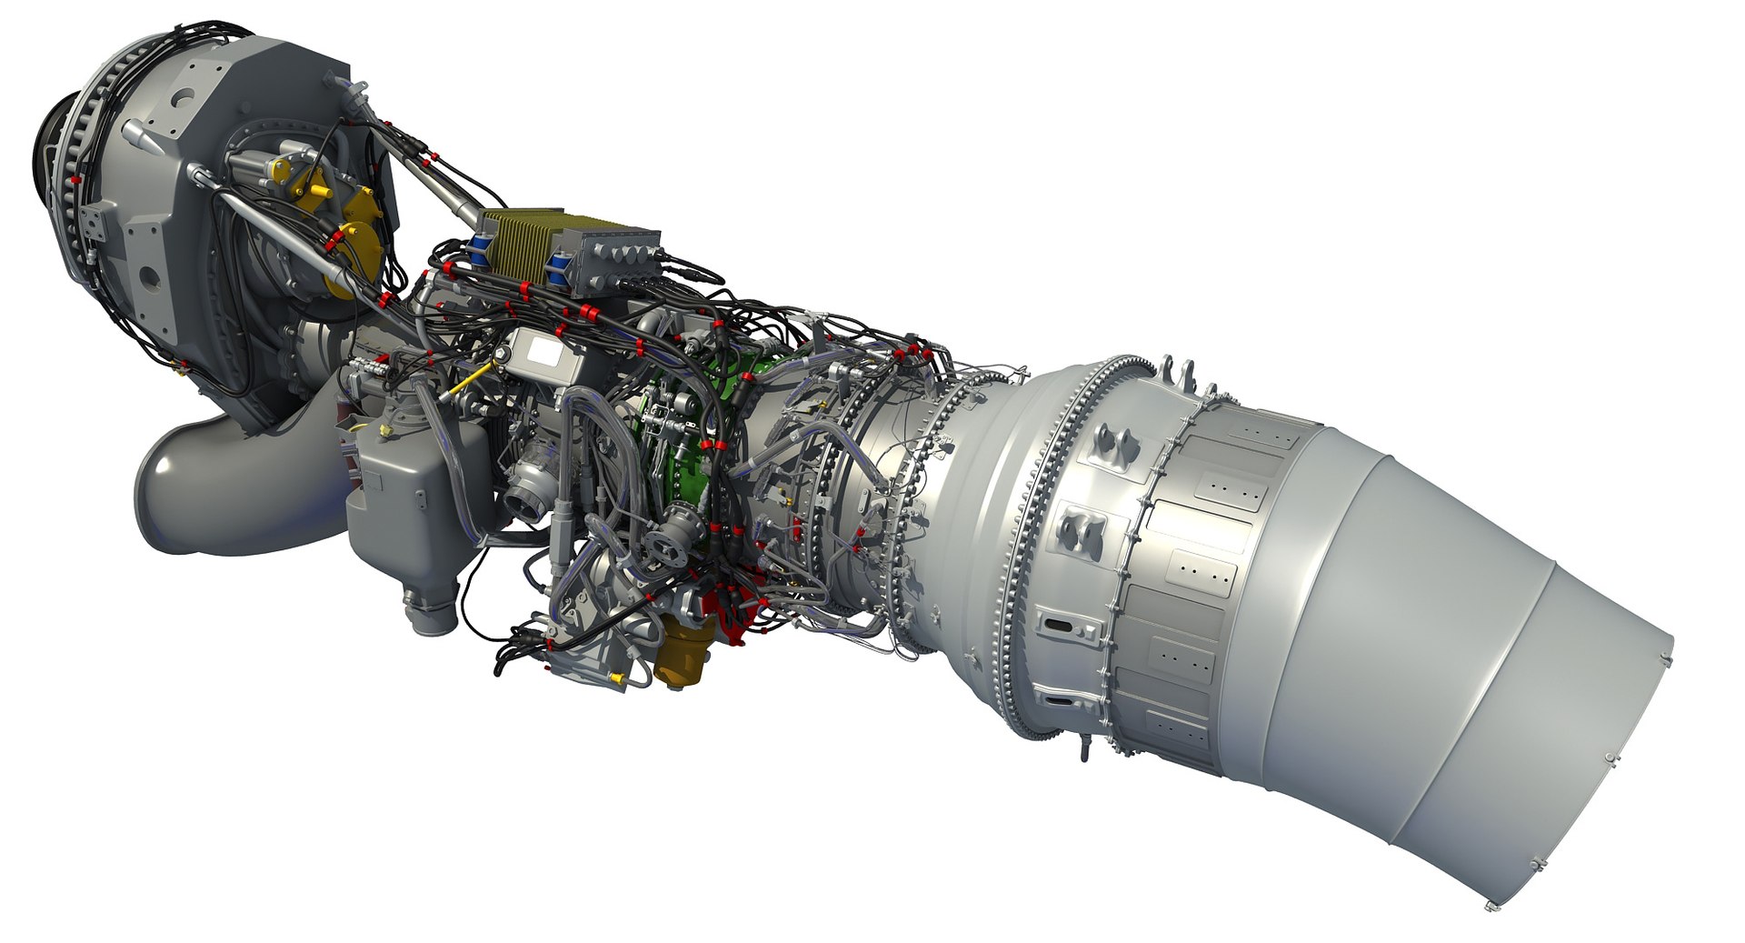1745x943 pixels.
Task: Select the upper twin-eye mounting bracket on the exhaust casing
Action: [x=1118, y=444]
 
